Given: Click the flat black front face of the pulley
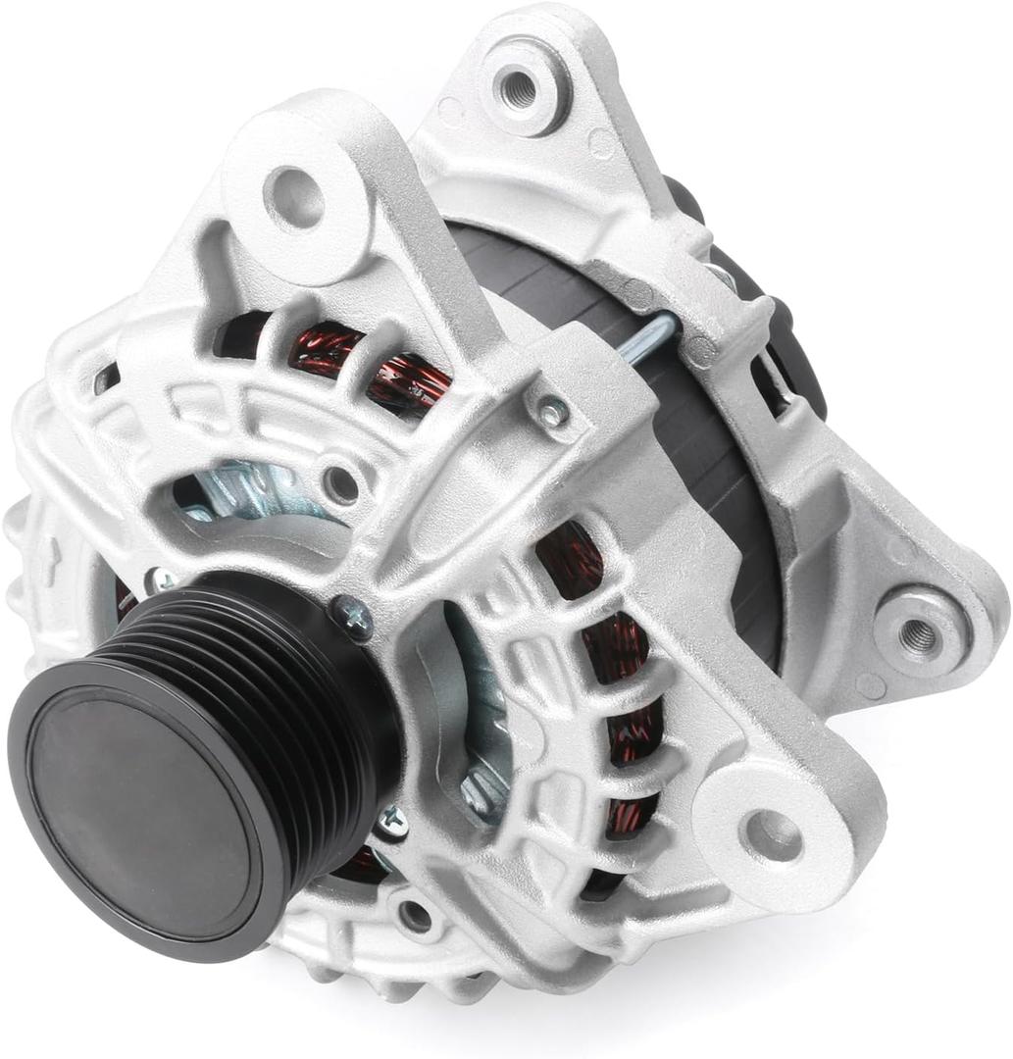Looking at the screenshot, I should (137, 804).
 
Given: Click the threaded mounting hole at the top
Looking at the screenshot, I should (519, 89).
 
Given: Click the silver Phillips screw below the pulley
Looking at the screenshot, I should (391, 821).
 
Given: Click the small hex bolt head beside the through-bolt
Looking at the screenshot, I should (553, 413).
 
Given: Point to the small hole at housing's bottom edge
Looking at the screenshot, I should (416, 916).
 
